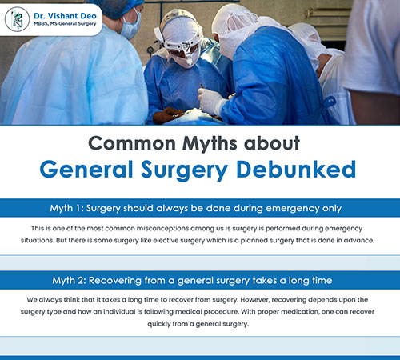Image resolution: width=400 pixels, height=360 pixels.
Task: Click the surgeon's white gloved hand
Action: (x=212, y=102)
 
